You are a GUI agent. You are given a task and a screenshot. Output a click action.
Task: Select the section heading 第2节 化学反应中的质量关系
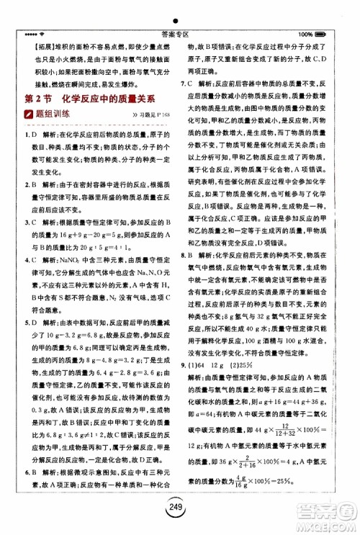point(91,98)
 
